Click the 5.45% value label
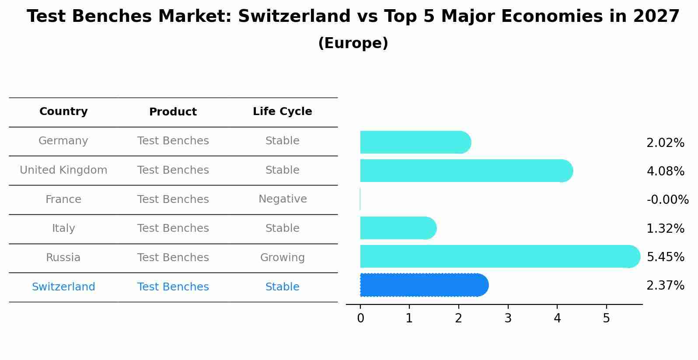pos(665,257)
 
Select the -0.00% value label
pos(667,199)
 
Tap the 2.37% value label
pos(665,286)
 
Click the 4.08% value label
pos(665,171)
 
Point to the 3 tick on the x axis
pos(508,318)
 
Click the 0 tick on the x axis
pos(360,318)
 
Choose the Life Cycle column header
pos(282,112)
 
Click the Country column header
pos(63,112)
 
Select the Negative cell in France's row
pos(282,199)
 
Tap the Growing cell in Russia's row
pos(282,258)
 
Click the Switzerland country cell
pos(63,287)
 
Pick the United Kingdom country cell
pos(63,170)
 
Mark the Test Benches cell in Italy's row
pos(173,228)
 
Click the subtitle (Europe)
pos(353,43)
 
